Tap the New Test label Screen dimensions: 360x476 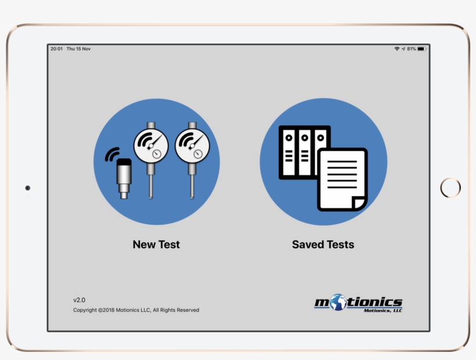(156, 244)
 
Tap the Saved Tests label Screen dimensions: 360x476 (323, 244)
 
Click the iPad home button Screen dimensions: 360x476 (450, 188)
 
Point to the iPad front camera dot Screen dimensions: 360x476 (27, 188)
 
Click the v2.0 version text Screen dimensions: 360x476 (79, 300)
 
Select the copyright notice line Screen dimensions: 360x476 (136, 310)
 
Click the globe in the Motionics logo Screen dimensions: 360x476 (338, 302)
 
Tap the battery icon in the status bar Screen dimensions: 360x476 (421, 49)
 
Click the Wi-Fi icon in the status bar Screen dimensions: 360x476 (397, 49)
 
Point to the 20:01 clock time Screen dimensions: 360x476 (56, 49)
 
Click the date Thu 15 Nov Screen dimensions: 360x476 (78, 49)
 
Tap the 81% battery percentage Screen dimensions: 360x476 (411, 49)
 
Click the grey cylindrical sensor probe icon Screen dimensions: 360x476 (123, 179)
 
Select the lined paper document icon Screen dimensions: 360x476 (342, 178)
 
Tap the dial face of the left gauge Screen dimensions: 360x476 (151, 145)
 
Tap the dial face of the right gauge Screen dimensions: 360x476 (192, 145)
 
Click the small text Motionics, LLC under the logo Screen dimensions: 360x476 (383, 311)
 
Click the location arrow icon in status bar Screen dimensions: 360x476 (403, 49)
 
